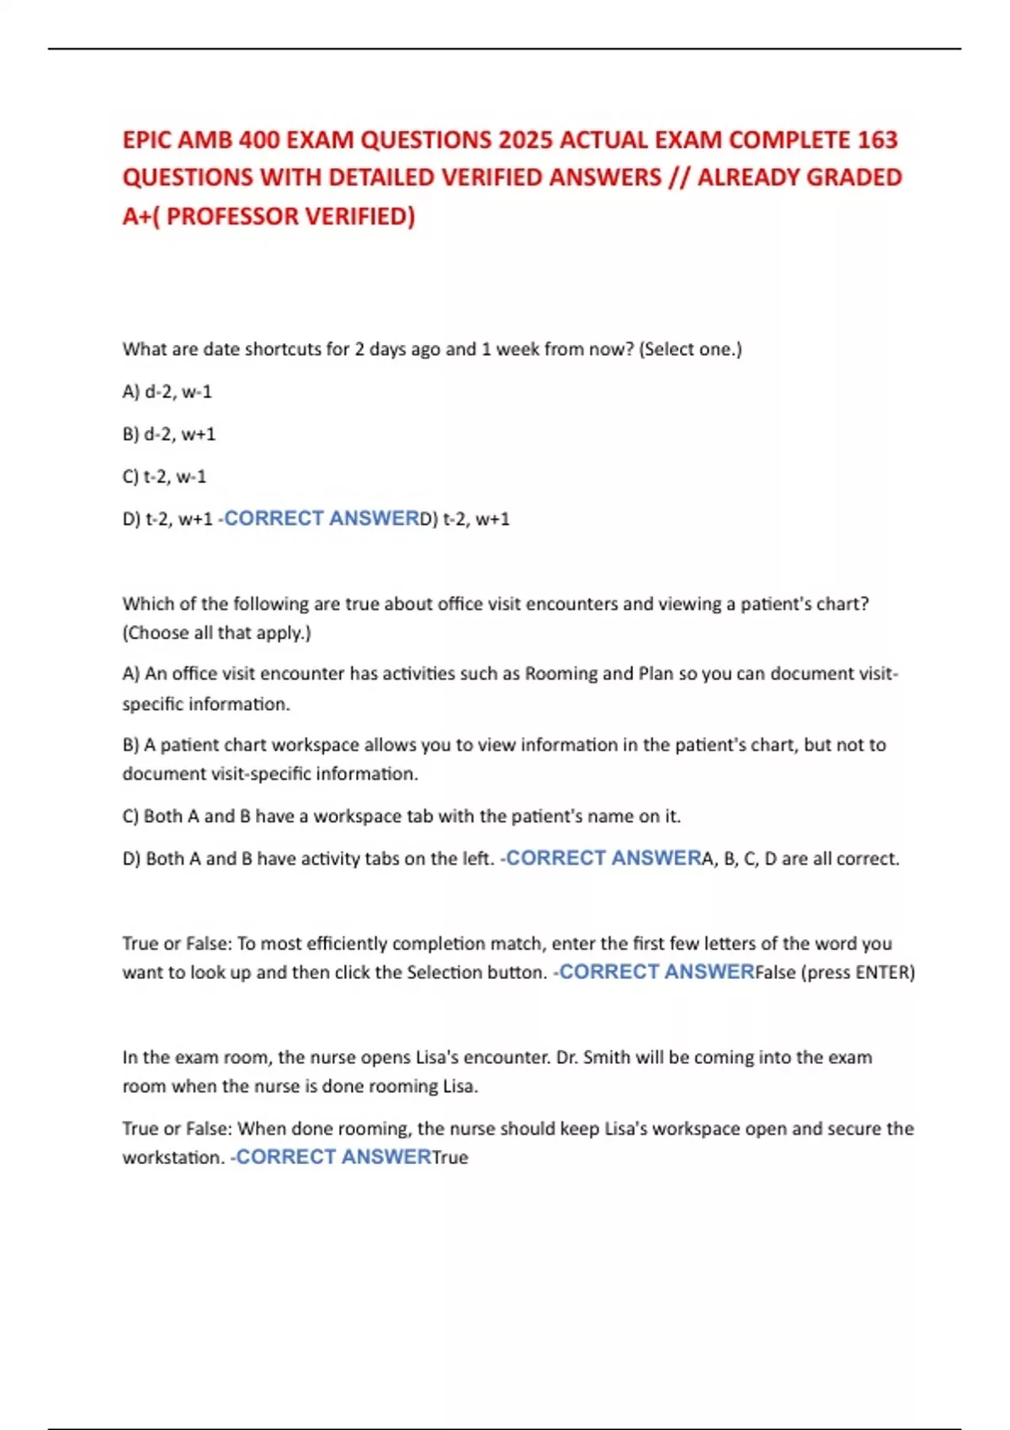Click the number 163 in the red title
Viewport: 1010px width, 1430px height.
point(877,140)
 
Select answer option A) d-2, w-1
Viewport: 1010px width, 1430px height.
point(167,392)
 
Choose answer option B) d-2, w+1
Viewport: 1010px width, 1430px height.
point(169,434)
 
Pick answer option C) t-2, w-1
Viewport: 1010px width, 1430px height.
point(164,477)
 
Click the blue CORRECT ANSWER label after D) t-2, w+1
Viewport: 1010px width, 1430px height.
point(321,519)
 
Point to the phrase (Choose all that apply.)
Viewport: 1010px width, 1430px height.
point(217,633)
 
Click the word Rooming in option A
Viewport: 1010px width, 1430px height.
point(561,674)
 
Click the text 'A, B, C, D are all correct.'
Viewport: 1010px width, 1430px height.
point(800,859)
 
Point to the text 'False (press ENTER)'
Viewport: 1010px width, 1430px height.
point(835,972)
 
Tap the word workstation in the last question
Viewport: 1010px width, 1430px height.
point(173,1158)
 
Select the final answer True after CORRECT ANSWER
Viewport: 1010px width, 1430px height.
point(450,1158)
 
